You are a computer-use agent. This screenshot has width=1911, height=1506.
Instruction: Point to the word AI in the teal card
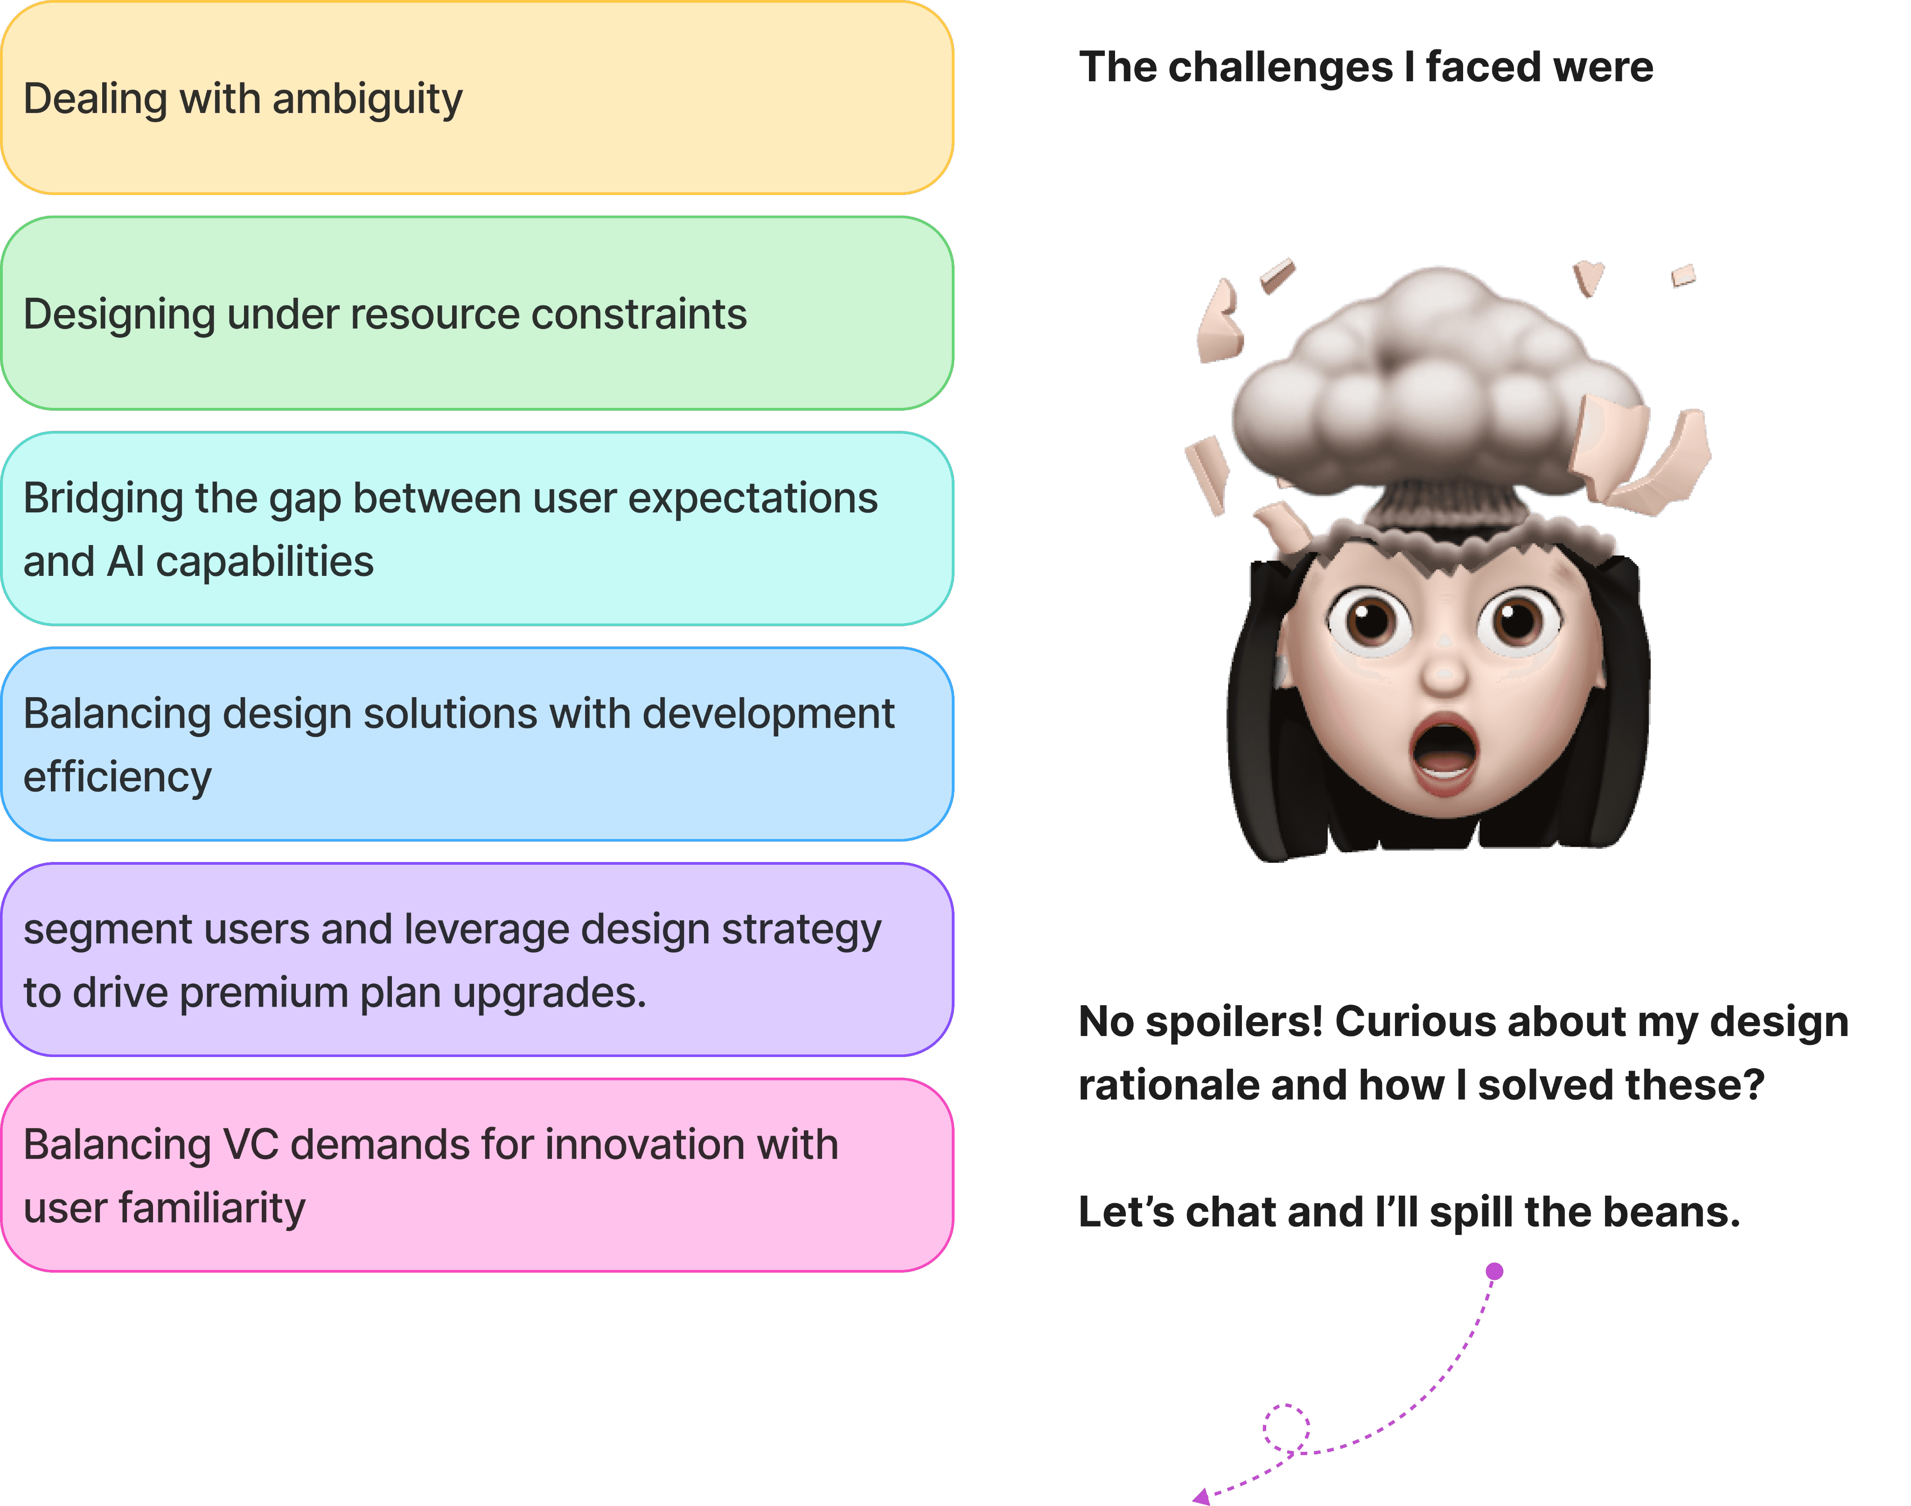point(125,562)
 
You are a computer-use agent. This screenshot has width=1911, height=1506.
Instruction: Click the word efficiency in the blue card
point(117,778)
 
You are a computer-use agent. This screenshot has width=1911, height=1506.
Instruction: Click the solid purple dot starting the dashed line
point(1494,1271)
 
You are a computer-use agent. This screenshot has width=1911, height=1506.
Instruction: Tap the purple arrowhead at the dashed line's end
point(1200,1496)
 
